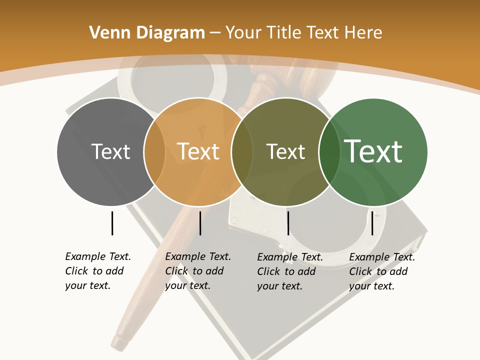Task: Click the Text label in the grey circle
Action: [110, 151]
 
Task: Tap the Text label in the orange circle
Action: [198, 151]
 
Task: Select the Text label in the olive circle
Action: [285, 151]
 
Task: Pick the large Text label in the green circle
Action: [373, 151]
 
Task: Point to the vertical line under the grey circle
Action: [112, 223]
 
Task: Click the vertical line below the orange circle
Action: [200, 223]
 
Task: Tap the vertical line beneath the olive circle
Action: [288, 223]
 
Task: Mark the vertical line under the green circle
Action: [372, 223]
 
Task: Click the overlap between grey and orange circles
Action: [154, 151]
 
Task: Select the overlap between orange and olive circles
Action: [242, 151]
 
